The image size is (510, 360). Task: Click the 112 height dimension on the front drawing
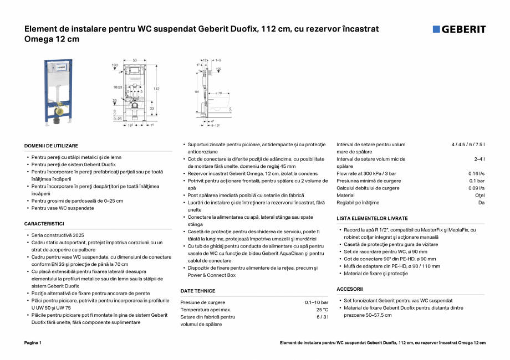156,89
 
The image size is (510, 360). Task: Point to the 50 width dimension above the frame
134,59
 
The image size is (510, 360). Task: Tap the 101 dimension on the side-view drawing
196,91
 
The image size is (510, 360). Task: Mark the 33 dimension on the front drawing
152,109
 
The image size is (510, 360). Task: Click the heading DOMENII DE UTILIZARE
51,146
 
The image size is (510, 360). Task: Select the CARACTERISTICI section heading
44,224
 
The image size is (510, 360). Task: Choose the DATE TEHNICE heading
197,291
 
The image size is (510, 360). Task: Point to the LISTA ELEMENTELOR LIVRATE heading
372,219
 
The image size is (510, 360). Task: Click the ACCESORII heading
349,289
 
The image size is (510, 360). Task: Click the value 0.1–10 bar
316,302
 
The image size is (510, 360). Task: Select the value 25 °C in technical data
322,310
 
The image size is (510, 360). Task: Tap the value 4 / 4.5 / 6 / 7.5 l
468,145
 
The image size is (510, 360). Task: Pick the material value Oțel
480,196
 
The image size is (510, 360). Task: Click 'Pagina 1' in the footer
33,343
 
